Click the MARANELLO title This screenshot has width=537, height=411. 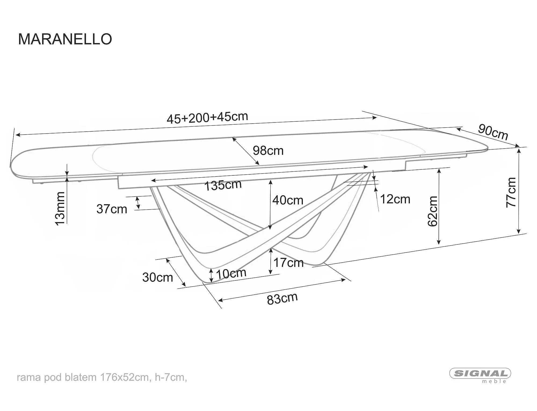pyautogui.click(x=65, y=39)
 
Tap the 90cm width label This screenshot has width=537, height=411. pyautogui.click(x=493, y=132)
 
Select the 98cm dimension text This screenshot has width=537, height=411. pyautogui.click(x=268, y=151)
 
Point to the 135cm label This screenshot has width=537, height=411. pyautogui.click(x=223, y=185)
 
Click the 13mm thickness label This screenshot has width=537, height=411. pyautogui.click(x=60, y=209)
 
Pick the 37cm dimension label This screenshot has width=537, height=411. pyautogui.click(x=112, y=209)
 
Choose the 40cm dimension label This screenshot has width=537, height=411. pyautogui.click(x=288, y=200)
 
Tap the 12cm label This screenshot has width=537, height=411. pyautogui.click(x=395, y=199)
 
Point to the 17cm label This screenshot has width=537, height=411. pyautogui.click(x=288, y=262)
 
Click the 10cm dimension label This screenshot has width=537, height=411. pyautogui.click(x=231, y=273)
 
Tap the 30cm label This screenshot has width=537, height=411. pyautogui.click(x=158, y=277)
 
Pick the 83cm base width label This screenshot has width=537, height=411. pyautogui.click(x=282, y=298)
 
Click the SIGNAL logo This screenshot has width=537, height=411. pyautogui.click(x=480, y=373)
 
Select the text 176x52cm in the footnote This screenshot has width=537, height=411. pyautogui.click(x=124, y=377)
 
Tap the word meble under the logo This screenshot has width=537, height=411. pyautogui.click(x=494, y=381)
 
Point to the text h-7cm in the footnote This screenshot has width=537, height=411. pyautogui.click(x=170, y=377)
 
